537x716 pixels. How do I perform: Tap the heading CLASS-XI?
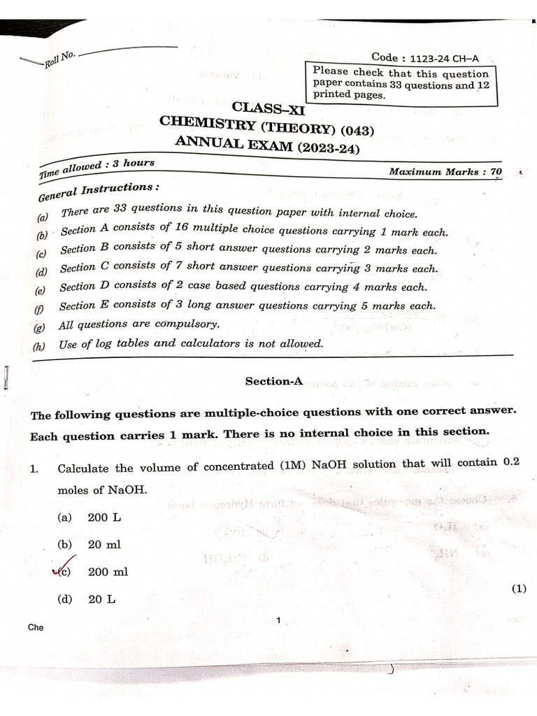(x=268, y=108)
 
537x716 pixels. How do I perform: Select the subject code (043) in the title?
(x=353, y=130)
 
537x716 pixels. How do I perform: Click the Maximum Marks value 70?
(x=496, y=171)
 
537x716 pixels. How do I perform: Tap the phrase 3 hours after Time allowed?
(x=129, y=164)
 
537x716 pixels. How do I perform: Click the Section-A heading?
(x=273, y=381)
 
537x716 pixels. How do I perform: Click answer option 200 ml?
(x=108, y=571)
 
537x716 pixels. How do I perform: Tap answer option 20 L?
(x=101, y=599)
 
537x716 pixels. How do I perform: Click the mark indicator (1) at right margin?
(x=518, y=589)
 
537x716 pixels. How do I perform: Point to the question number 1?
(x=34, y=469)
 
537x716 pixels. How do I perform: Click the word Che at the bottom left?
(x=36, y=627)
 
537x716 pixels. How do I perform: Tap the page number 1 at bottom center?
(x=278, y=620)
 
